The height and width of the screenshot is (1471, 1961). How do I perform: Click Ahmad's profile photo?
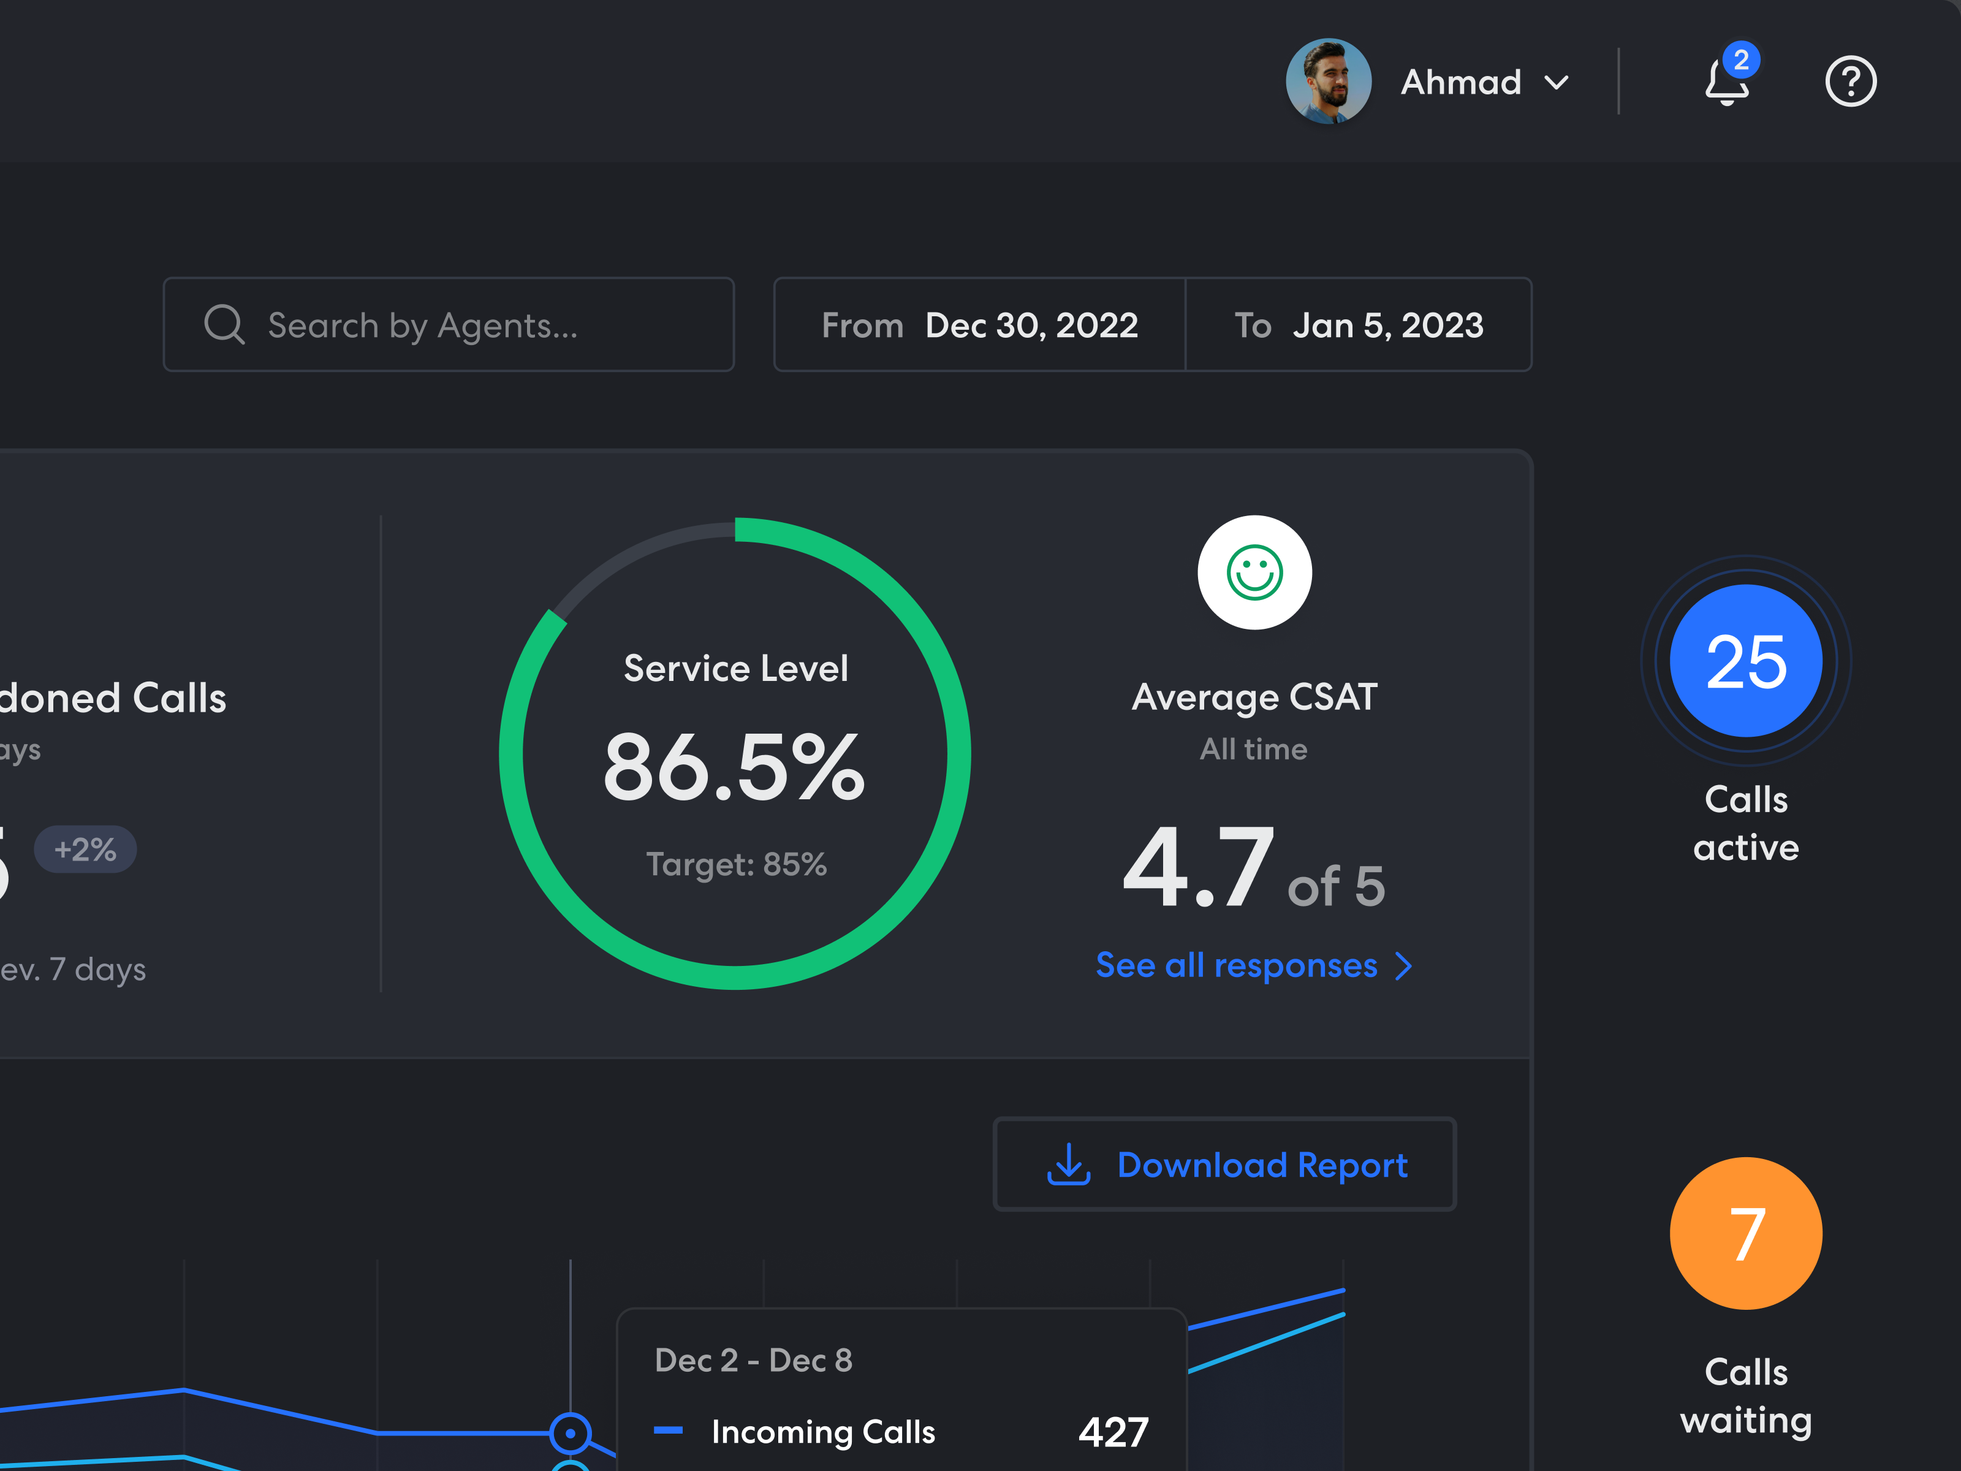coord(1328,81)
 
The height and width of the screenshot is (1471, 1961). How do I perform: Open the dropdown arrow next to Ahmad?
coord(1557,83)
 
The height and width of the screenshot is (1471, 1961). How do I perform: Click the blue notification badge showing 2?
coord(1741,59)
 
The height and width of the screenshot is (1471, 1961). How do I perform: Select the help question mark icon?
coord(1850,82)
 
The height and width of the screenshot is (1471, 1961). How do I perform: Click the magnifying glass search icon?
coord(224,324)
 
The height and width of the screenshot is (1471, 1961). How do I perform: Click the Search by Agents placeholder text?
coord(423,325)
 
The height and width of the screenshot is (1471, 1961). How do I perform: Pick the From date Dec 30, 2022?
coord(1031,325)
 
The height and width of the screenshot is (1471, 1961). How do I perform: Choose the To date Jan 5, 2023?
coord(1387,325)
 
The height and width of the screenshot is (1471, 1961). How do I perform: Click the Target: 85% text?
coord(736,864)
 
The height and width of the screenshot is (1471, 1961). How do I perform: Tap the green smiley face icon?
coord(1254,573)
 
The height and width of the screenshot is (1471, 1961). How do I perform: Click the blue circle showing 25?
coord(1745,661)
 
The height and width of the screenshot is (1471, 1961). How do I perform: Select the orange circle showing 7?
coord(1745,1233)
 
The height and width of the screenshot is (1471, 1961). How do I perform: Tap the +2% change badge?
coord(85,850)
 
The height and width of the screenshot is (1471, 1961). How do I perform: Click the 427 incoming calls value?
coord(1113,1431)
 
